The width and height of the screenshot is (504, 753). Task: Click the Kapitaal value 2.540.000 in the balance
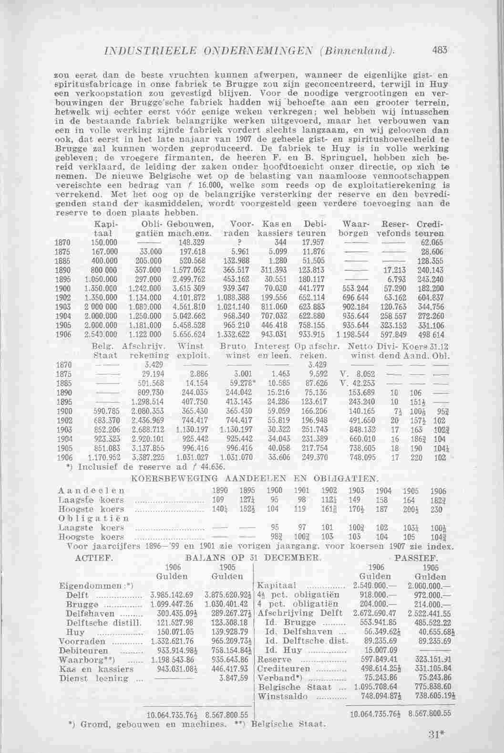(368, 585)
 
